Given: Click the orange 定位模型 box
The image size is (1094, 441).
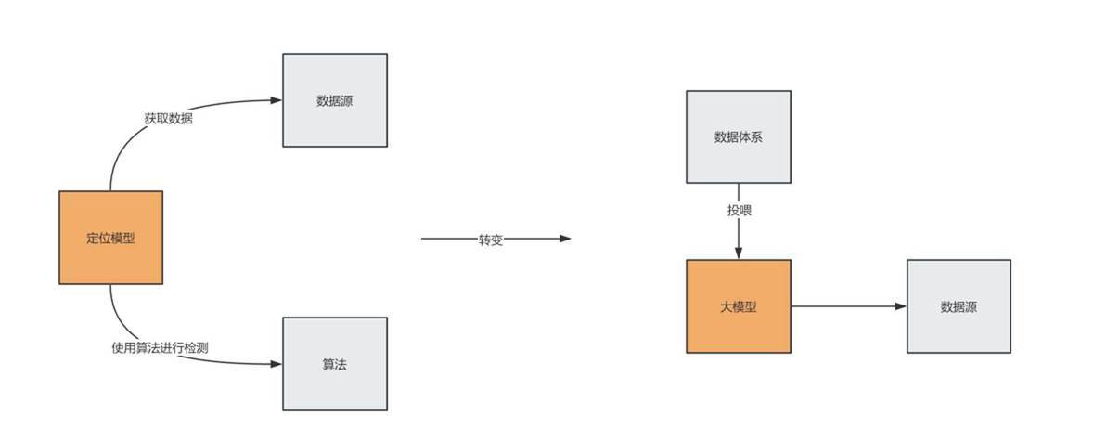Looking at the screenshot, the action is click(111, 238).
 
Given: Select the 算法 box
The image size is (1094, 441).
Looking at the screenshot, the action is click(335, 364).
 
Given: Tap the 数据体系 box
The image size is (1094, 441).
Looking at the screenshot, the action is click(739, 136).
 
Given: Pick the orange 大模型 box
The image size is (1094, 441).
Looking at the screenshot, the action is click(739, 306).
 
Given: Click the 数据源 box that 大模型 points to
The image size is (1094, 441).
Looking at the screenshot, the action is click(959, 306).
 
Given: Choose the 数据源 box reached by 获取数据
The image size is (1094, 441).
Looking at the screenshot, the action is click(335, 99).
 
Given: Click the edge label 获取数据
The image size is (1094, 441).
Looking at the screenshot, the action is click(169, 119).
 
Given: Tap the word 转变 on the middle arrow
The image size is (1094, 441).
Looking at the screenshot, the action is click(491, 240).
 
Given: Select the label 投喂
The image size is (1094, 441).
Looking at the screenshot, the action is click(739, 210).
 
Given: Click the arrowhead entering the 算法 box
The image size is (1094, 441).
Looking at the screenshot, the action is click(277, 364).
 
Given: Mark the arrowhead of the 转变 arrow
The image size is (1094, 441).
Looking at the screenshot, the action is click(564, 239).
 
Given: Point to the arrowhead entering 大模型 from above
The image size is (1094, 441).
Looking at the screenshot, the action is click(739, 253).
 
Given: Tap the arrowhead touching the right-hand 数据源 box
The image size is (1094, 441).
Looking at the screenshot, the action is click(901, 306).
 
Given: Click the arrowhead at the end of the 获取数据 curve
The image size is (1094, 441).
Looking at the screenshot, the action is click(277, 99).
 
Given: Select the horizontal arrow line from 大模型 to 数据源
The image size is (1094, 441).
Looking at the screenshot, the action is click(849, 306).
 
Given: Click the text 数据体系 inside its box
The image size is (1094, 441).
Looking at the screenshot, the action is click(739, 136).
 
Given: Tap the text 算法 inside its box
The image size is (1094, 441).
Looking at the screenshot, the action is click(335, 364).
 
